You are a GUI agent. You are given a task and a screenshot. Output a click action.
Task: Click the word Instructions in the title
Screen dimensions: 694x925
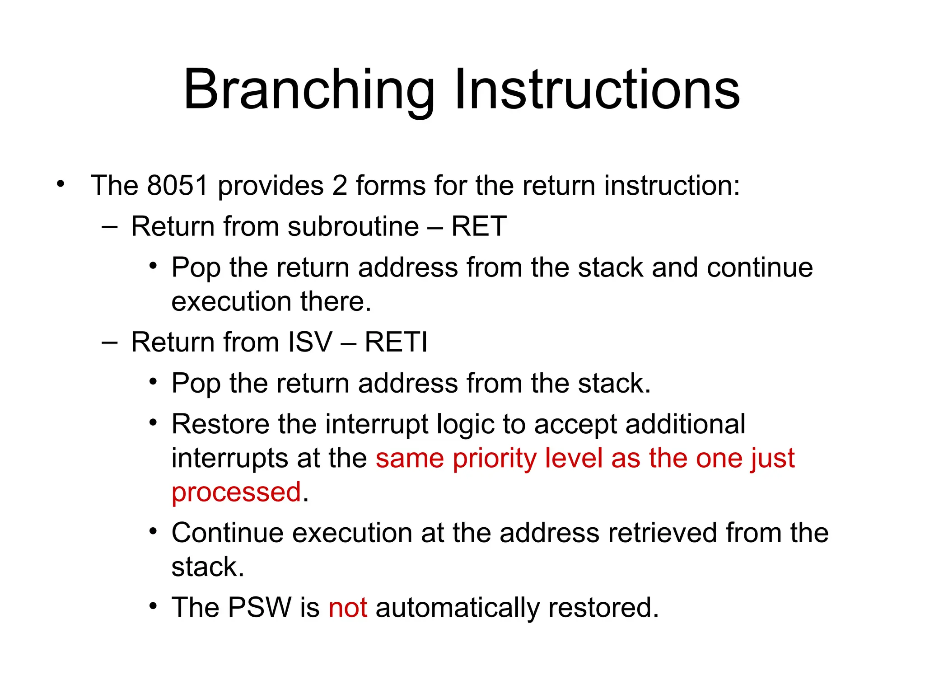point(597,89)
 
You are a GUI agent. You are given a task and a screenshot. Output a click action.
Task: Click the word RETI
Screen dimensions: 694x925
point(396,342)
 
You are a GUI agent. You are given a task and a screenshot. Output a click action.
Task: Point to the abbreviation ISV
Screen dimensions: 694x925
point(310,342)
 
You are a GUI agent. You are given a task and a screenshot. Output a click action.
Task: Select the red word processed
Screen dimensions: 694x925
point(236,492)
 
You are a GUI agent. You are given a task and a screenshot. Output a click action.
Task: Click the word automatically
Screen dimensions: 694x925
point(457,608)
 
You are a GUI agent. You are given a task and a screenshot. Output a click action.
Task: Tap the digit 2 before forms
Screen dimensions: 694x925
point(340,185)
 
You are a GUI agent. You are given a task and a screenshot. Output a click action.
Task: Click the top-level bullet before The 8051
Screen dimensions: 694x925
point(61,184)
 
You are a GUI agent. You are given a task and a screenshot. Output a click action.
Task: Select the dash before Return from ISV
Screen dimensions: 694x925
point(109,342)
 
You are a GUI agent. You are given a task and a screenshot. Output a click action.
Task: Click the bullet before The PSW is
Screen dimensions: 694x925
point(154,606)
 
